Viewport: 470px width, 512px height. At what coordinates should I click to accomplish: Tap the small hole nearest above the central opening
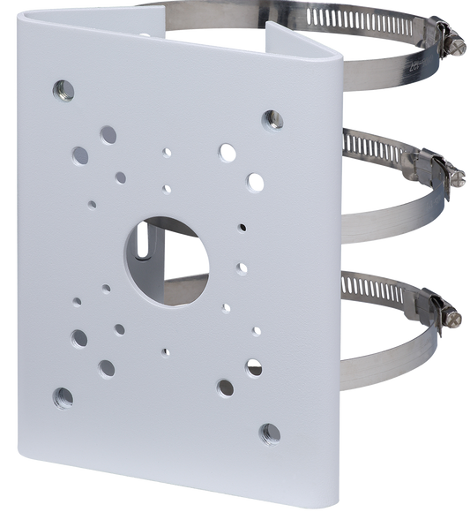167,188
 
